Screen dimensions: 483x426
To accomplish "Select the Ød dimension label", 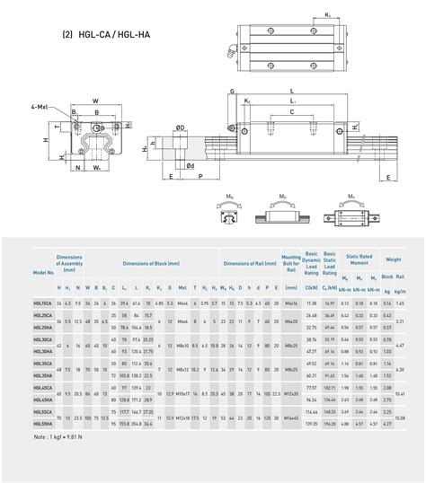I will point(191,164).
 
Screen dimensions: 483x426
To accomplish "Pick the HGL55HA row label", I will point(42,421).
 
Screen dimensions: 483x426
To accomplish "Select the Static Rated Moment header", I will point(359,259).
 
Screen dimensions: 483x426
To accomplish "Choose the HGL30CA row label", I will point(42,340).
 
